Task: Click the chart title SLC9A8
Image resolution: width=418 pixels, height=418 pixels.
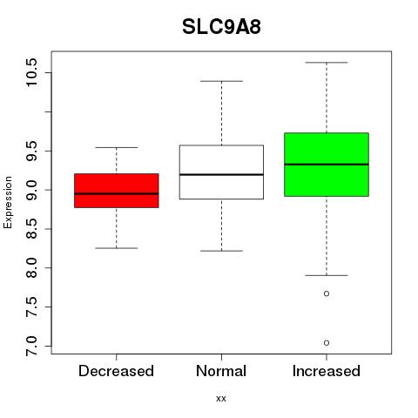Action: coord(221,27)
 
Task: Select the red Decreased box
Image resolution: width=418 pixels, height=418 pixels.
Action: coord(117,191)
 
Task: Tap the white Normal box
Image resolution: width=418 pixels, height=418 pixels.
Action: coord(221,172)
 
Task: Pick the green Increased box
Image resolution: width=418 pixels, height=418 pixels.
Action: coord(327,165)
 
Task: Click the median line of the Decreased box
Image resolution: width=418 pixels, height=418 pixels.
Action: coord(117,193)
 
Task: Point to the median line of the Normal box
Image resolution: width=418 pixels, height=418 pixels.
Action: coord(221,174)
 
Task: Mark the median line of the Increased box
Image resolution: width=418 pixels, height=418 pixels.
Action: coord(327,165)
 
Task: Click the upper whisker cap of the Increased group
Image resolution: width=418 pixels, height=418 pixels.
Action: coord(327,63)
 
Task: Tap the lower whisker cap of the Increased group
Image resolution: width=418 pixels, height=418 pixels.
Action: coord(327,275)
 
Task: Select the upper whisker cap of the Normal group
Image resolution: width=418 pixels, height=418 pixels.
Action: coord(221,81)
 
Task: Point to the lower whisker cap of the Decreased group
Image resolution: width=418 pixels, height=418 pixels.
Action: coord(117,248)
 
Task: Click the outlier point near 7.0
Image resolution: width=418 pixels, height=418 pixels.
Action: coord(327,343)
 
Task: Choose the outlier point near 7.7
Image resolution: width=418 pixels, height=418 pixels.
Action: coord(327,293)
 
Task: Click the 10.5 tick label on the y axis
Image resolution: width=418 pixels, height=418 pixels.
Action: coord(31,72)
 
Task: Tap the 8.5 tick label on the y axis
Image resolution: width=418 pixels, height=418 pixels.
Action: coord(31,229)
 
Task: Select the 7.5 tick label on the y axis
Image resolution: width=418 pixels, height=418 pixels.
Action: coord(31,307)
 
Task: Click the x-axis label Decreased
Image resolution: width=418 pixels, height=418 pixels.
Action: coord(116,371)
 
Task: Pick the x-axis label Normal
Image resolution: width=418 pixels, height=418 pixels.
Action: coord(221,371)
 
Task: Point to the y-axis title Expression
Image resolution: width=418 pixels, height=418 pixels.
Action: coord(8,202)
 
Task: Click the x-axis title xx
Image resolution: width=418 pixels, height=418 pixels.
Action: coord(221,399)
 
